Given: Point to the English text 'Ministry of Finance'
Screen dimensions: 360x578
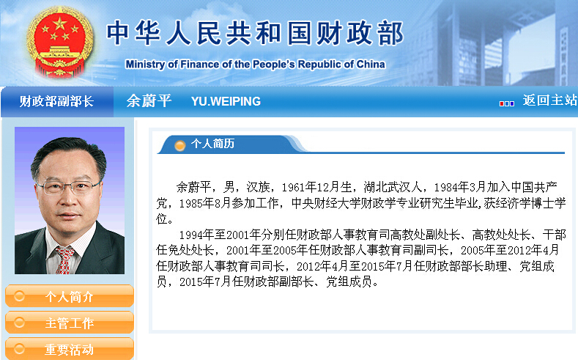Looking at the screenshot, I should tap(171, 65).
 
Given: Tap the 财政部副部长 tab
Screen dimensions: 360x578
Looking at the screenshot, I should tap(56, 101).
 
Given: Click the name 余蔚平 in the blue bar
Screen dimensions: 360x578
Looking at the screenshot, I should tap(149, 101).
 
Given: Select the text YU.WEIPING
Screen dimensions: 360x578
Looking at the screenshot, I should tap(226, 101).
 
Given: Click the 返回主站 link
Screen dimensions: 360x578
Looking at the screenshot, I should tap(549, 100).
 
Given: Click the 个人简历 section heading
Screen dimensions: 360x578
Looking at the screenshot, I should tap(212, 144).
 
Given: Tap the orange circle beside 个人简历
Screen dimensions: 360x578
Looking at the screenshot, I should tap(179, 145).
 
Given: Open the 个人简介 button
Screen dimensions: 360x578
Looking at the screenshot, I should tap(69, 297).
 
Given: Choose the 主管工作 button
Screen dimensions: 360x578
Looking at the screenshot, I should tap(69, 323).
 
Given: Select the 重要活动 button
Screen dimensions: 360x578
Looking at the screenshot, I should tap(69, 349).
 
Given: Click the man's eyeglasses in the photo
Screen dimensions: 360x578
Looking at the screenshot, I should tap(70, 186).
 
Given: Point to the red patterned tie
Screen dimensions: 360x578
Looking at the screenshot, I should tap(66, 259).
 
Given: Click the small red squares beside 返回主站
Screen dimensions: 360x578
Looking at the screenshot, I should tap(506, 103).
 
